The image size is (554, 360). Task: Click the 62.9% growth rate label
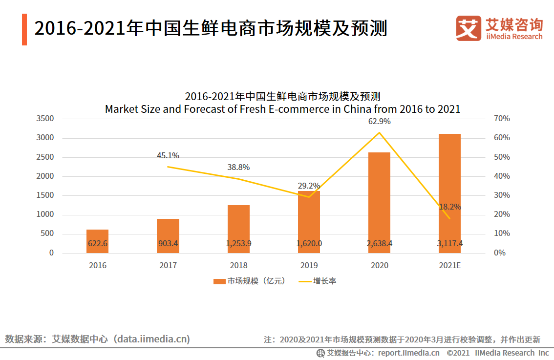pos(379,121)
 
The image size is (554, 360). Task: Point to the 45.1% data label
pos(168,156)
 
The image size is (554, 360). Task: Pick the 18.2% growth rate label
pos(449,207)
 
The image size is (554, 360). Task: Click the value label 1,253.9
pos(238,243)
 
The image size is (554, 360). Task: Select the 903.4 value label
pos(168,243)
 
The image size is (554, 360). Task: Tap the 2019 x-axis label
pos(309,266)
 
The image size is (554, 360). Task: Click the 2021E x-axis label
pos(449,266)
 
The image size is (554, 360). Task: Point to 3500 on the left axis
pos(45,119)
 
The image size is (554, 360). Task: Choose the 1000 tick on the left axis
pos(45,214)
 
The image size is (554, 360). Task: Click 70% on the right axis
pos(502,119)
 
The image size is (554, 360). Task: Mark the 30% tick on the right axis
pos(502,195)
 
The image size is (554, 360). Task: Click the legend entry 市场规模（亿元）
pos(249,281)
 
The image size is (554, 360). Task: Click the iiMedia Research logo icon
pos(469,28)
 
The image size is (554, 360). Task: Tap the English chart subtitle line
pos(282,109)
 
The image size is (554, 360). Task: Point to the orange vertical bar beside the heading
pos(24,29)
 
